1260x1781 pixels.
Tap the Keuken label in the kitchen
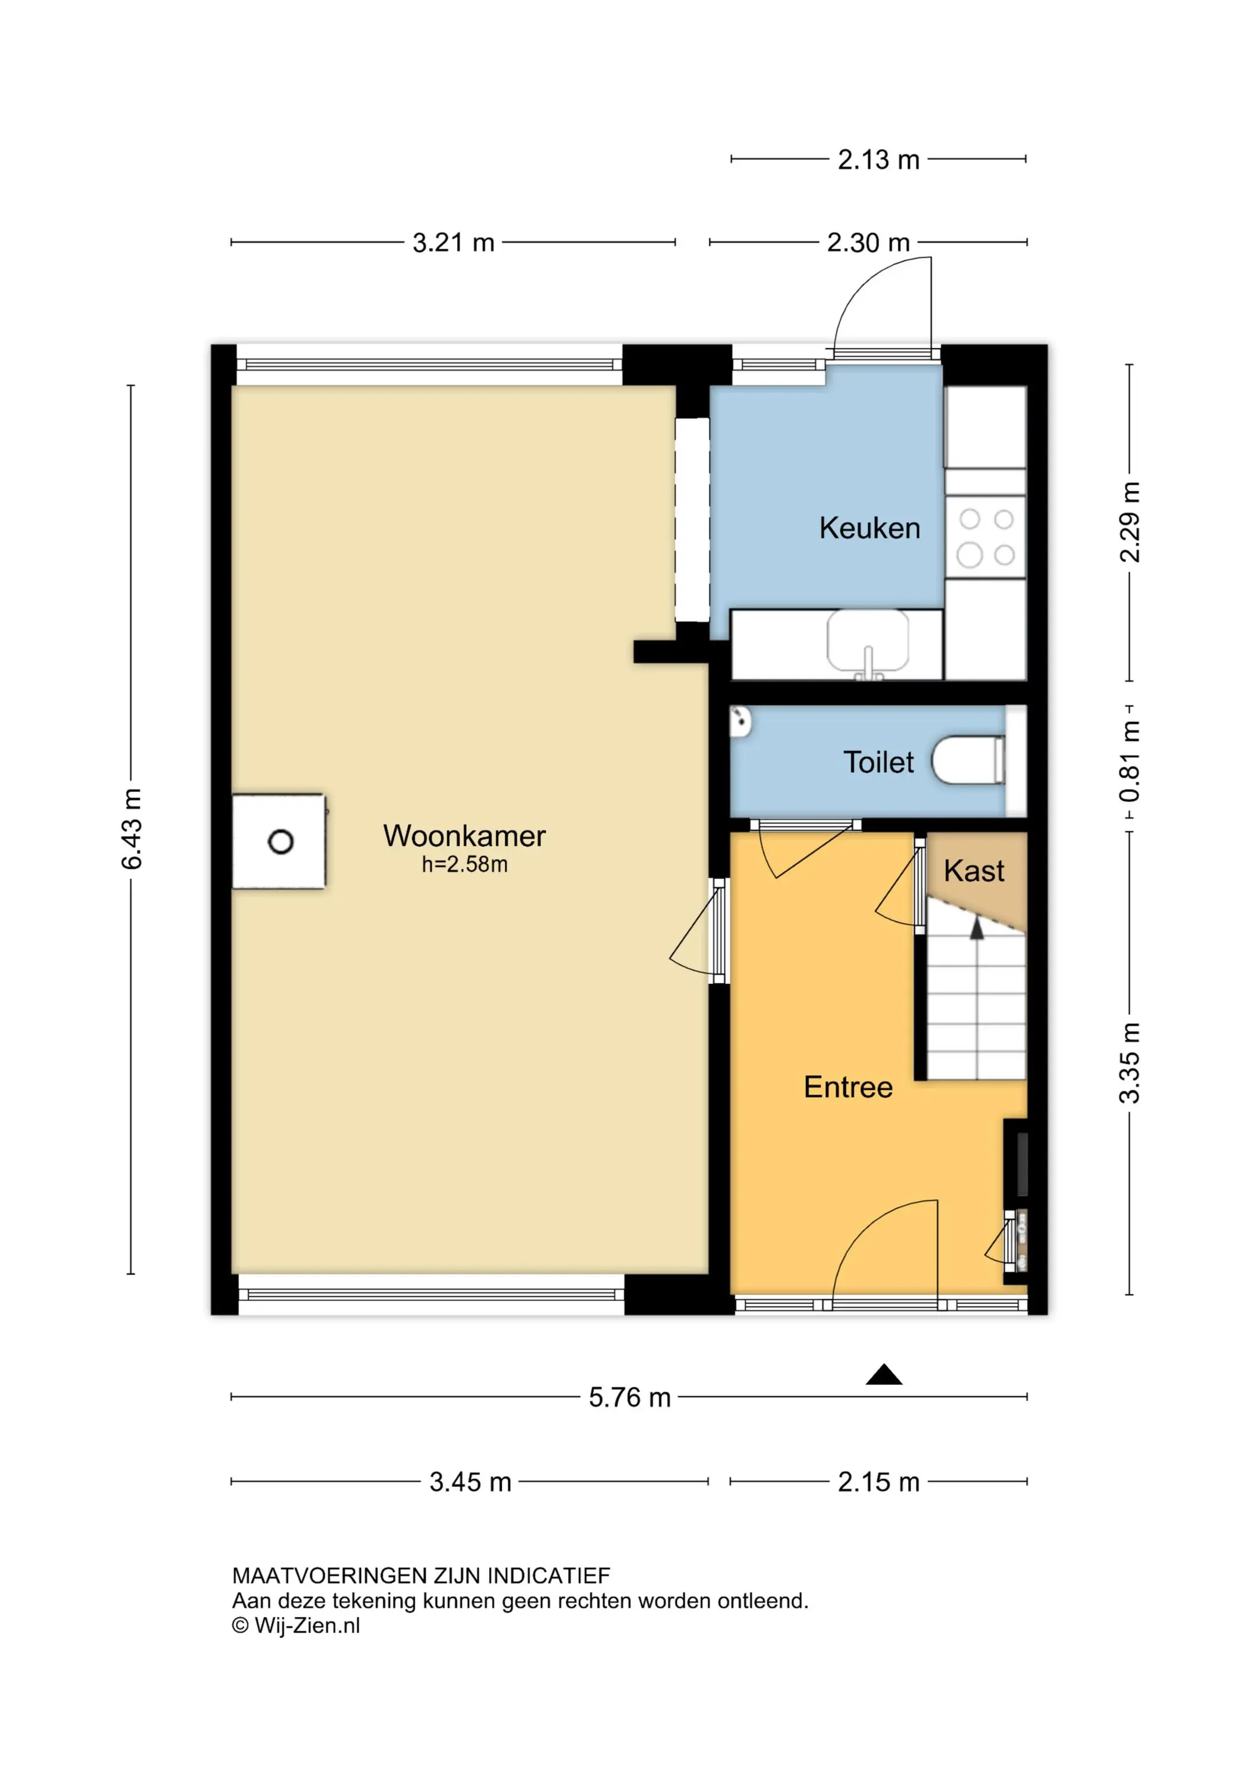click(x=870, y=528)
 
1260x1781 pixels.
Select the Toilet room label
click(x=878, y=762)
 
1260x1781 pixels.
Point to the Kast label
click(x=974, y=871)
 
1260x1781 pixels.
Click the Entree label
click(x=848, y=1088)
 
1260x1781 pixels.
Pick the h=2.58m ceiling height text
click(x=465, y=865)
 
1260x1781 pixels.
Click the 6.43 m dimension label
click(x=132, y=828)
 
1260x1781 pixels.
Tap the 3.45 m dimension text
click(x=470, y=1482)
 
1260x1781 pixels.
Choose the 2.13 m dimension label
click(x=878, y=160)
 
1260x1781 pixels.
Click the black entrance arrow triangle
click(x=884, y=1374)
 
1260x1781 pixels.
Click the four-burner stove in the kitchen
click(x=985, y=537)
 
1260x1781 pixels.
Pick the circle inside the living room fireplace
click(x=280, y=842)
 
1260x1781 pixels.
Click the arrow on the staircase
click(x=977, y=928)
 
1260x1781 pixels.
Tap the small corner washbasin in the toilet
click(x=740, y=721)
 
